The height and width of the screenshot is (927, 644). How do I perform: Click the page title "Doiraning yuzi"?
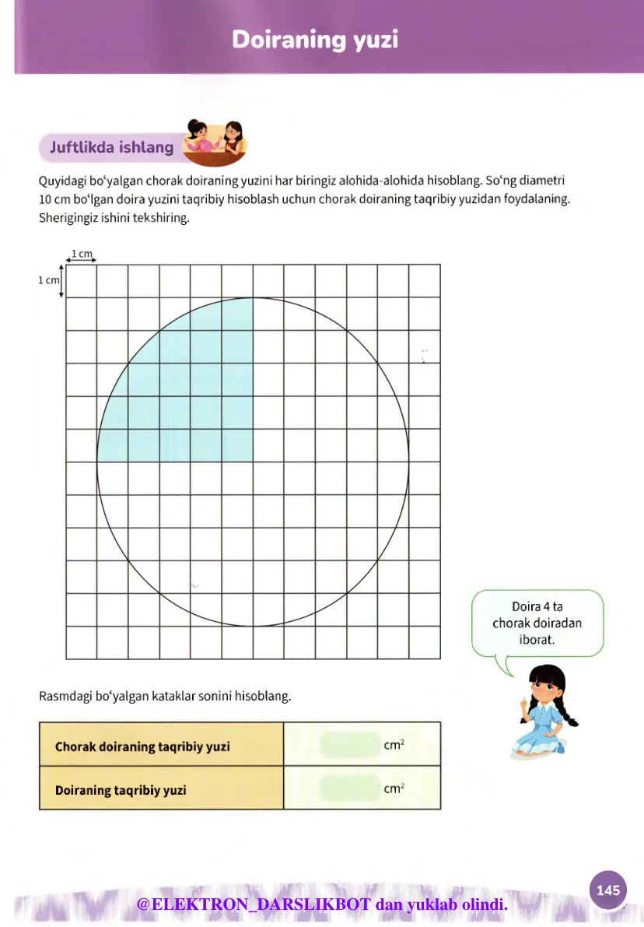[x=315, y=40]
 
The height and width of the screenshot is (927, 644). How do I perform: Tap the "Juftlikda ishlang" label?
[x=111, y=146]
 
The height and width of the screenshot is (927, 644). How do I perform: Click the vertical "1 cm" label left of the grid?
[x=48, y=280]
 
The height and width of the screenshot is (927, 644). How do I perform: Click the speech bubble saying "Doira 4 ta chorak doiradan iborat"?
[x=537, y=623]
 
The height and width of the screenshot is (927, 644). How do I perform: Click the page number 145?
[x=607, y=890]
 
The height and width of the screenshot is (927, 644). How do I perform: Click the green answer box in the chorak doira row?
[x=348, y=745]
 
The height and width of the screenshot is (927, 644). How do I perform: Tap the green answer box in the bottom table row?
[x=348, y=788]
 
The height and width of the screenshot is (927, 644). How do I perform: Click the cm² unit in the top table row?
[x=394, y=745]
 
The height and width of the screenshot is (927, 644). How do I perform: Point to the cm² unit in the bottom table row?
[x=394, y=788]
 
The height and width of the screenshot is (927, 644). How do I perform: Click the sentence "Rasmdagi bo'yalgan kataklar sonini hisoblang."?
[x=165, y=696]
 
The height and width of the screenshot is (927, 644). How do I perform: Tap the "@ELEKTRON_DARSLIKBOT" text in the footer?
[x=254, y=904]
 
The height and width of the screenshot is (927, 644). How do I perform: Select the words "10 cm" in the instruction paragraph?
[x=53, y=199]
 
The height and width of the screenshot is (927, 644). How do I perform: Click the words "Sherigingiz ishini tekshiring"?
[x=114, y=218]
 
